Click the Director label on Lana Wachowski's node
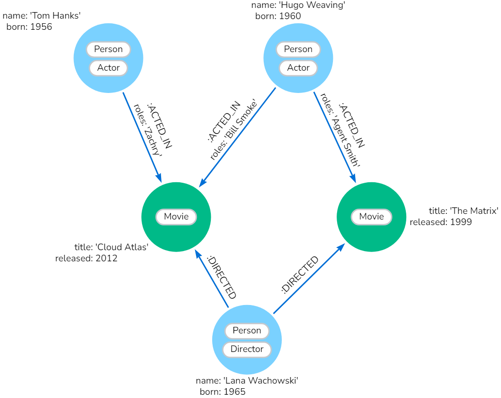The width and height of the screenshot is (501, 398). tap(247, 349)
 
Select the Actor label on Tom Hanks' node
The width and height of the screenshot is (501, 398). tap(108, 68)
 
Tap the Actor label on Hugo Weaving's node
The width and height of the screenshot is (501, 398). tap(298, 68)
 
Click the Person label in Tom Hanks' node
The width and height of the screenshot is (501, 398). tap(108, 49)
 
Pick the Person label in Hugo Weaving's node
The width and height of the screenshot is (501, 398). tap(298, 49)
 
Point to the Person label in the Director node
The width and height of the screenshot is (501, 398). tap(247, 331)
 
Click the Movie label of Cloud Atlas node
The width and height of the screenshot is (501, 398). tap(176, 217)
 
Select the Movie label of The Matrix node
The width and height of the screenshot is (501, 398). tap(371, 217)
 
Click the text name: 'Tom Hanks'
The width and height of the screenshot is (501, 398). tap(42, 16)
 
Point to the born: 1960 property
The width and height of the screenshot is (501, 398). tap(278, 16)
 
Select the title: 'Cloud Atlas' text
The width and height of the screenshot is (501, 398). tap(111, 247)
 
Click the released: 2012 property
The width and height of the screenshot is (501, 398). tap(86, 259)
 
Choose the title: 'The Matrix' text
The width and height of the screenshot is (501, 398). tap(463, 211)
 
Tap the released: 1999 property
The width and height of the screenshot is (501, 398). tap(441, 222)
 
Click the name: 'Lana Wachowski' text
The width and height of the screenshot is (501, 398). tap(247, 381)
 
